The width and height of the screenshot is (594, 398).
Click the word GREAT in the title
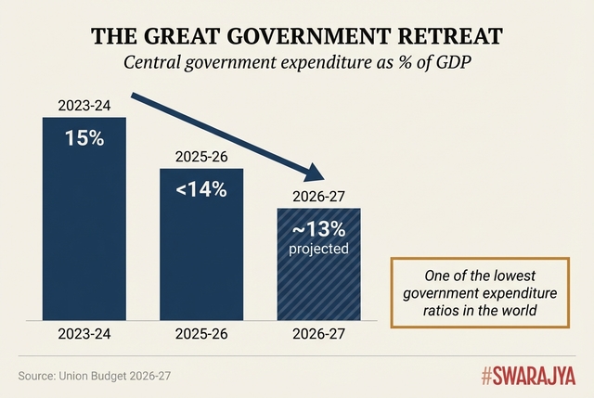(x=196, y=35)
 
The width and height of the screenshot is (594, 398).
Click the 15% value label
(x=84, y=138)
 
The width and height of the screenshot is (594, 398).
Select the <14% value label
(x=200, y=189)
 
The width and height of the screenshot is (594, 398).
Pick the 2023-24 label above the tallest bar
(x=84, y=106)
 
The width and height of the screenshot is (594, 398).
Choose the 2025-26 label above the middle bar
(x=201, y=157)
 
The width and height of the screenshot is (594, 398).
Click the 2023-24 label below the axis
(x=84, y=335)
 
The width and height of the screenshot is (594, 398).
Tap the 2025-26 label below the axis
(x=201, y=335)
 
